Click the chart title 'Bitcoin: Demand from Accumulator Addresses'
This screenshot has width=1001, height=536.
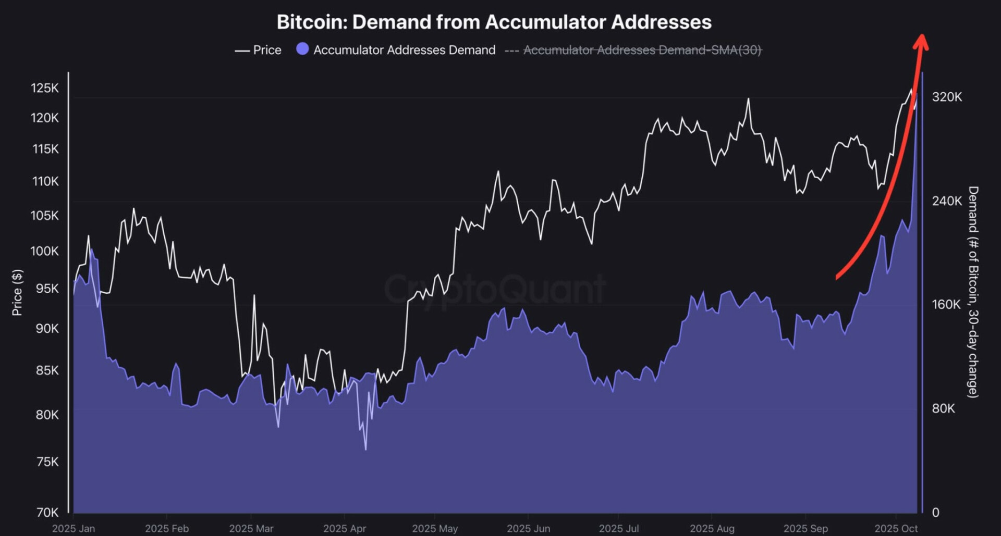[x=494, y=22]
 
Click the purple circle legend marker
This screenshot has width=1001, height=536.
[x=302, y=49]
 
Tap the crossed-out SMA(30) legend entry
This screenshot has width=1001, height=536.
[x=642, y=50]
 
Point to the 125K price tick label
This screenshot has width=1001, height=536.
[x=45, y=88]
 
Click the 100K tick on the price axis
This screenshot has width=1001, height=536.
[x=45, y=251]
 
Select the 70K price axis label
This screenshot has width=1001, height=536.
[x=47, y=513]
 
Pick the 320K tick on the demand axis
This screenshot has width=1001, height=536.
[x=947, y=97]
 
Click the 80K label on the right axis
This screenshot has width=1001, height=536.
[x=944, y=408]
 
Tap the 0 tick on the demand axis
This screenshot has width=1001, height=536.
[x=936, y=513]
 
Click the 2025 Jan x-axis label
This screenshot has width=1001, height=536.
[x=74, y=528]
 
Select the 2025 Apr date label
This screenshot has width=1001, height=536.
[x=345, y=528]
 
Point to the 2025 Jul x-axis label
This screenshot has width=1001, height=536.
[x=619, y=528]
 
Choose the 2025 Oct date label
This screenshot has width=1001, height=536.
[x=896, y=528]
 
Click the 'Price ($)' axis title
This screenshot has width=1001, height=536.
[x=17, y=292]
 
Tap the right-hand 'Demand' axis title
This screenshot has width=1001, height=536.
[x=973, y=292]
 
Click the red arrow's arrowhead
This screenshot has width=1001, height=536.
[x=921, y=42]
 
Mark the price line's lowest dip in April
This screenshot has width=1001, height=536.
[x=366, y=449]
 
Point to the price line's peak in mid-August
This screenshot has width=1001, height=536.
[x=749, y=99]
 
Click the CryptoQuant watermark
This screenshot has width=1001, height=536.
[x=494, y=290]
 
